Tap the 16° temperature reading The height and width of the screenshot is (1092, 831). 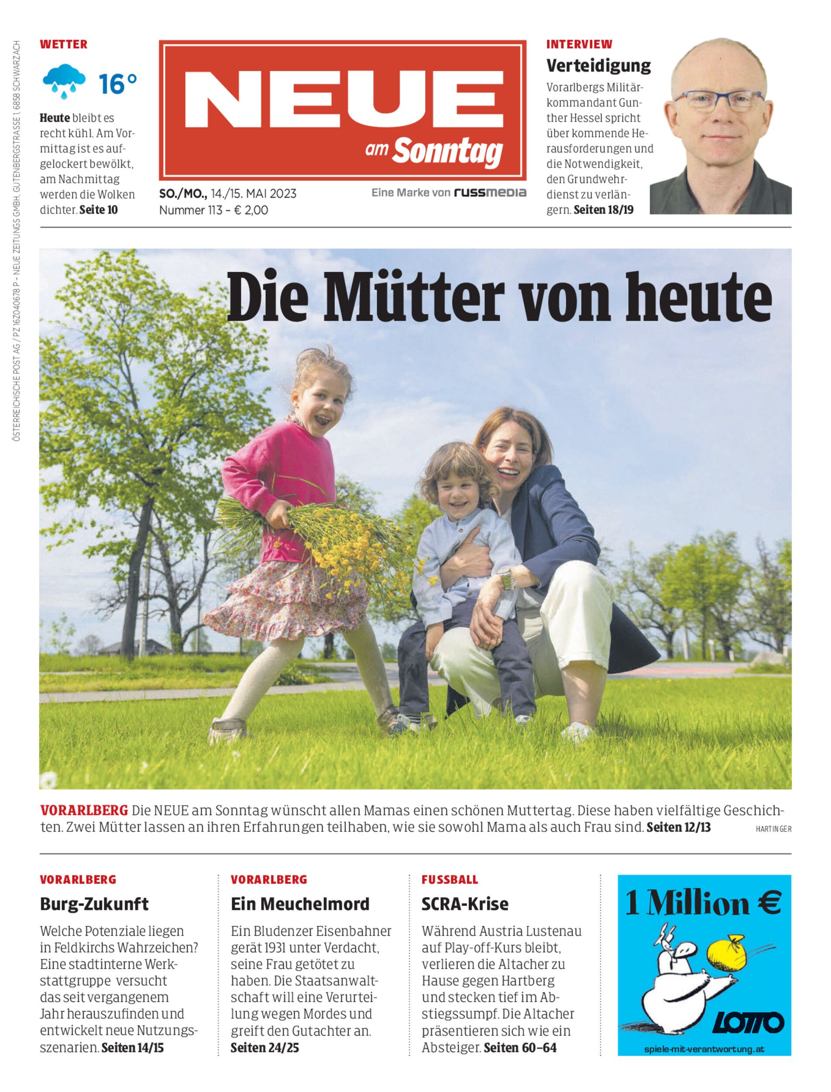[x=117, y=84]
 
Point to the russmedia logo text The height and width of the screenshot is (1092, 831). [x=490, y=193]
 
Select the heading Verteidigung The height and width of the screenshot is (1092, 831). [x=598, y=66]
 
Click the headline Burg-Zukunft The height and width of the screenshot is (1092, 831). [x=94, y=904]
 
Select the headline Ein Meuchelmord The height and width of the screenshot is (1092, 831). [x=300, y=904]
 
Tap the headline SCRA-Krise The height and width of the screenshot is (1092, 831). [x=464, y=904]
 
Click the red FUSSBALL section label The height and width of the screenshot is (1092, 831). [x=450, y=880]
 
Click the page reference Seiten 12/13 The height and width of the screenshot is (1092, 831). [x=678, y=827]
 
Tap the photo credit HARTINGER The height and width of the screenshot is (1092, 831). [x=773, y=829]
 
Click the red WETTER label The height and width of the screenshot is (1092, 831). [x=63, y=45]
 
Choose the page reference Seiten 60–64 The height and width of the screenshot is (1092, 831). [x=520, y=1047]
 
